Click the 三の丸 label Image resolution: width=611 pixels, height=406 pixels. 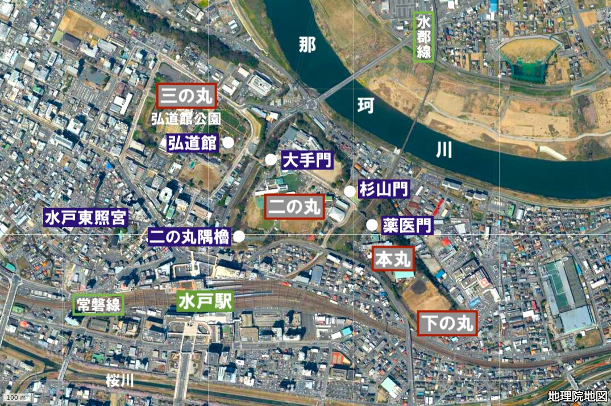(186, 96)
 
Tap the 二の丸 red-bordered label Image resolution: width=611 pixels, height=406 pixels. (294, 207)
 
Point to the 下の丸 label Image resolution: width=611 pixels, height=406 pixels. (446, 324)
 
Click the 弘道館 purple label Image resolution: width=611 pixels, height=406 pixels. (193, 143)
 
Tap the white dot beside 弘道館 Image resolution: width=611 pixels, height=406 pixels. (228, 143)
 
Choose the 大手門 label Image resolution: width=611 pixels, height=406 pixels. (306, 160)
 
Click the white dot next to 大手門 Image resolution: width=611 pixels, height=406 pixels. (271, 160)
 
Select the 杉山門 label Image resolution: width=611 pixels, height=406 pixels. (384, 190)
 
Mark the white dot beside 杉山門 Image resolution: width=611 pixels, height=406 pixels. (350, 191)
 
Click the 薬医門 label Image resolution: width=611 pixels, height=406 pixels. (407, 225)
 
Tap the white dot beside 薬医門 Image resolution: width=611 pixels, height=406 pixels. (372, 225)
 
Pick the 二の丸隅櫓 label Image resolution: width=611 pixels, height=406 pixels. (190, 236)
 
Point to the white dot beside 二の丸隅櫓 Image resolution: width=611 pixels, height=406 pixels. (239, 236)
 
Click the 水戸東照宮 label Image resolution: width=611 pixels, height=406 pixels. (86, 217)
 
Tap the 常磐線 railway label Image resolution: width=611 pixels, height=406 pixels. (98, 305)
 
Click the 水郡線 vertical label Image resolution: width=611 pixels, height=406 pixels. (424, 37)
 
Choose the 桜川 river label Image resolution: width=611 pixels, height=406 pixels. (119, 380)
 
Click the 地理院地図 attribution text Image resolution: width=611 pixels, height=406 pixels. (577, 396)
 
